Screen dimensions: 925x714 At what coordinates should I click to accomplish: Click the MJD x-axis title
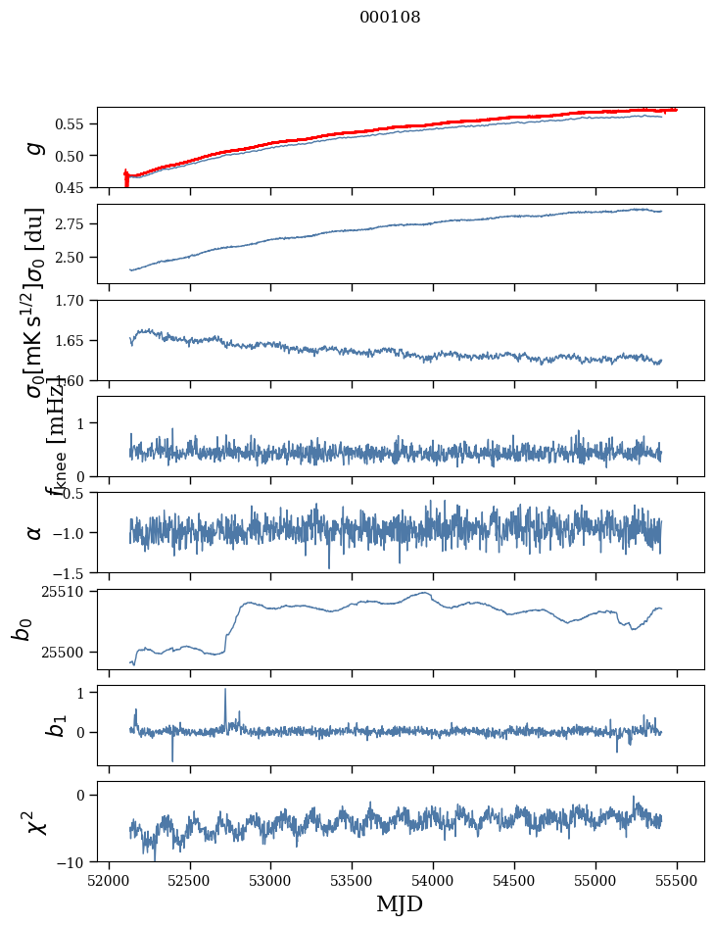(x=400, y=904)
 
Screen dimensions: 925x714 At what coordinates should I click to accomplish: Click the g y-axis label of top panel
(x=34, y=147)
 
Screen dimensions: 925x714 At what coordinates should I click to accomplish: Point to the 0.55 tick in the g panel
(x=74, y=124)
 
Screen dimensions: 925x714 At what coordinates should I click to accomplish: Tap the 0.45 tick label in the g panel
(x=74, y=187)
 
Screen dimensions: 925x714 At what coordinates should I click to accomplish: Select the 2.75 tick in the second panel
(x=74, y=224)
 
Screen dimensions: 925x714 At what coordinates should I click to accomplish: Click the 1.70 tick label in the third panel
(x=74, y=300)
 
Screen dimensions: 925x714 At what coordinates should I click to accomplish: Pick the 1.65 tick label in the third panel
(x=74, y=340)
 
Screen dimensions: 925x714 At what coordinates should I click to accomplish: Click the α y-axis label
(x=34, y=532)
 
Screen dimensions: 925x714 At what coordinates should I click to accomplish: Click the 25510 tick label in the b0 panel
(x=68, y=592)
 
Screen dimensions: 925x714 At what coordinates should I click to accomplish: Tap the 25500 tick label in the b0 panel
(x=68, y=652)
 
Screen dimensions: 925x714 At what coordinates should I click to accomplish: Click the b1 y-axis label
(x=32, y=726)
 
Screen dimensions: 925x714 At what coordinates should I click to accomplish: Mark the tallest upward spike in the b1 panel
(x=225, y=690)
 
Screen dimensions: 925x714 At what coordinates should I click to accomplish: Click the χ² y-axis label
(x=32, y=822)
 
